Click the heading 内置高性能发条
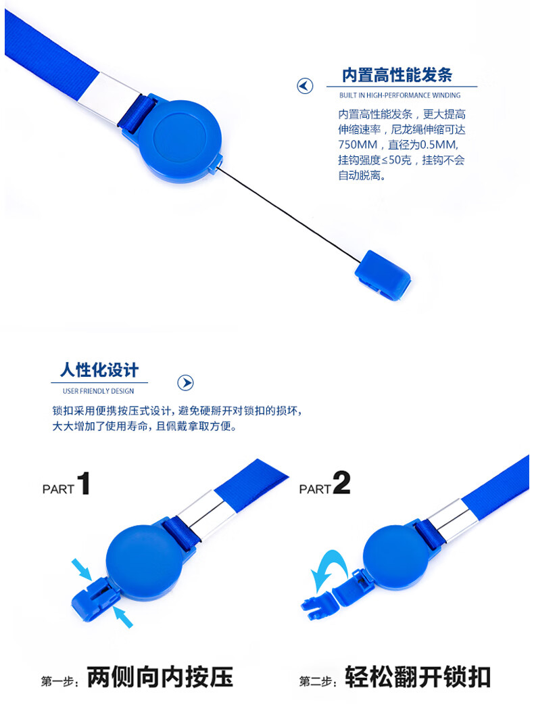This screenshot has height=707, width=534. click(397, 75)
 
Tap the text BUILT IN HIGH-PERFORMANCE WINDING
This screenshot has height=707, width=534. click(399, 95)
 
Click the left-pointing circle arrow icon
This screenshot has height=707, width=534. click(305, 86)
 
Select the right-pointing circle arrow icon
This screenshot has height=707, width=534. click(185, 383)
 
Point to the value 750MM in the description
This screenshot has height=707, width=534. click(358, 145)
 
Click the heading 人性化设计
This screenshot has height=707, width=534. click(99, 369)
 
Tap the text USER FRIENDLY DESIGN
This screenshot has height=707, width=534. click(98, 391)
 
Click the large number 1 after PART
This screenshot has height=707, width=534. click(84, 483)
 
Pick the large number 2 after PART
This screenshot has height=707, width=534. click(341, 483)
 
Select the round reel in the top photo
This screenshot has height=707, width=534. click(180, 141)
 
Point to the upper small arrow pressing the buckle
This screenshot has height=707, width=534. click(82, 569)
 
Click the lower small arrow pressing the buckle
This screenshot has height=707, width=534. click(123, 617)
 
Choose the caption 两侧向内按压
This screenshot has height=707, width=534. click(160, 677)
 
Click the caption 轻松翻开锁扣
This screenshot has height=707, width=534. click(418, 677)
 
